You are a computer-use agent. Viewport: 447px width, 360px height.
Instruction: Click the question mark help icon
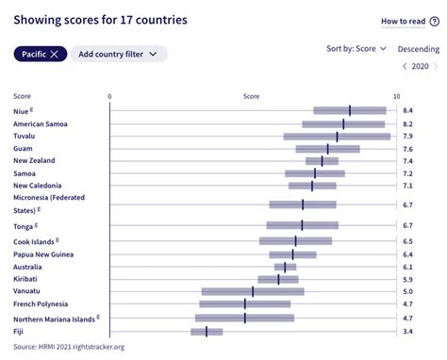click(x=435, y=21)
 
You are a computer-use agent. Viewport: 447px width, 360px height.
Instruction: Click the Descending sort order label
click(x=418, y=48)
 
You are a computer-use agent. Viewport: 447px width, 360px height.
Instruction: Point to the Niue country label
click(x=24, y=111)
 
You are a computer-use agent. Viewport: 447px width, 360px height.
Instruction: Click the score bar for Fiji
click(x=207, y=331)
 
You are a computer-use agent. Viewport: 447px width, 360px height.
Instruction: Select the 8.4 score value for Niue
click(x=407, y=111)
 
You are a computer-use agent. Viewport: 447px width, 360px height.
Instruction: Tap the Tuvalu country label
click(x=25, y=136)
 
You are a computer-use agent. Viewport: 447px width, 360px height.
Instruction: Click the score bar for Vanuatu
click(x=253, y=291)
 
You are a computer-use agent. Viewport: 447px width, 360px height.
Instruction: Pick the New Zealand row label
click(x=34, y=160)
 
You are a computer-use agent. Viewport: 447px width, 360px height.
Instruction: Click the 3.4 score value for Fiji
click(x=407, y=331)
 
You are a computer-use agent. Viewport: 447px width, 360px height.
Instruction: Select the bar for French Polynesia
click(x=245, y=303)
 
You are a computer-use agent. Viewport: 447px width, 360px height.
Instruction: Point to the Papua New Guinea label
click(x=43, y=254)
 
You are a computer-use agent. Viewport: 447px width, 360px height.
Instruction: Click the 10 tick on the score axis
click(x=396, y=96)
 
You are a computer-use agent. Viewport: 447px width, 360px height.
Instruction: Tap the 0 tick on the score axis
click(x=110, y=96)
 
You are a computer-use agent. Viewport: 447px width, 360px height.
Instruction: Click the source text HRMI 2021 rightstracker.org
click(x=69, y=346)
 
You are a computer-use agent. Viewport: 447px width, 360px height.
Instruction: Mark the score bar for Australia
click(x=285, y=267)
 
